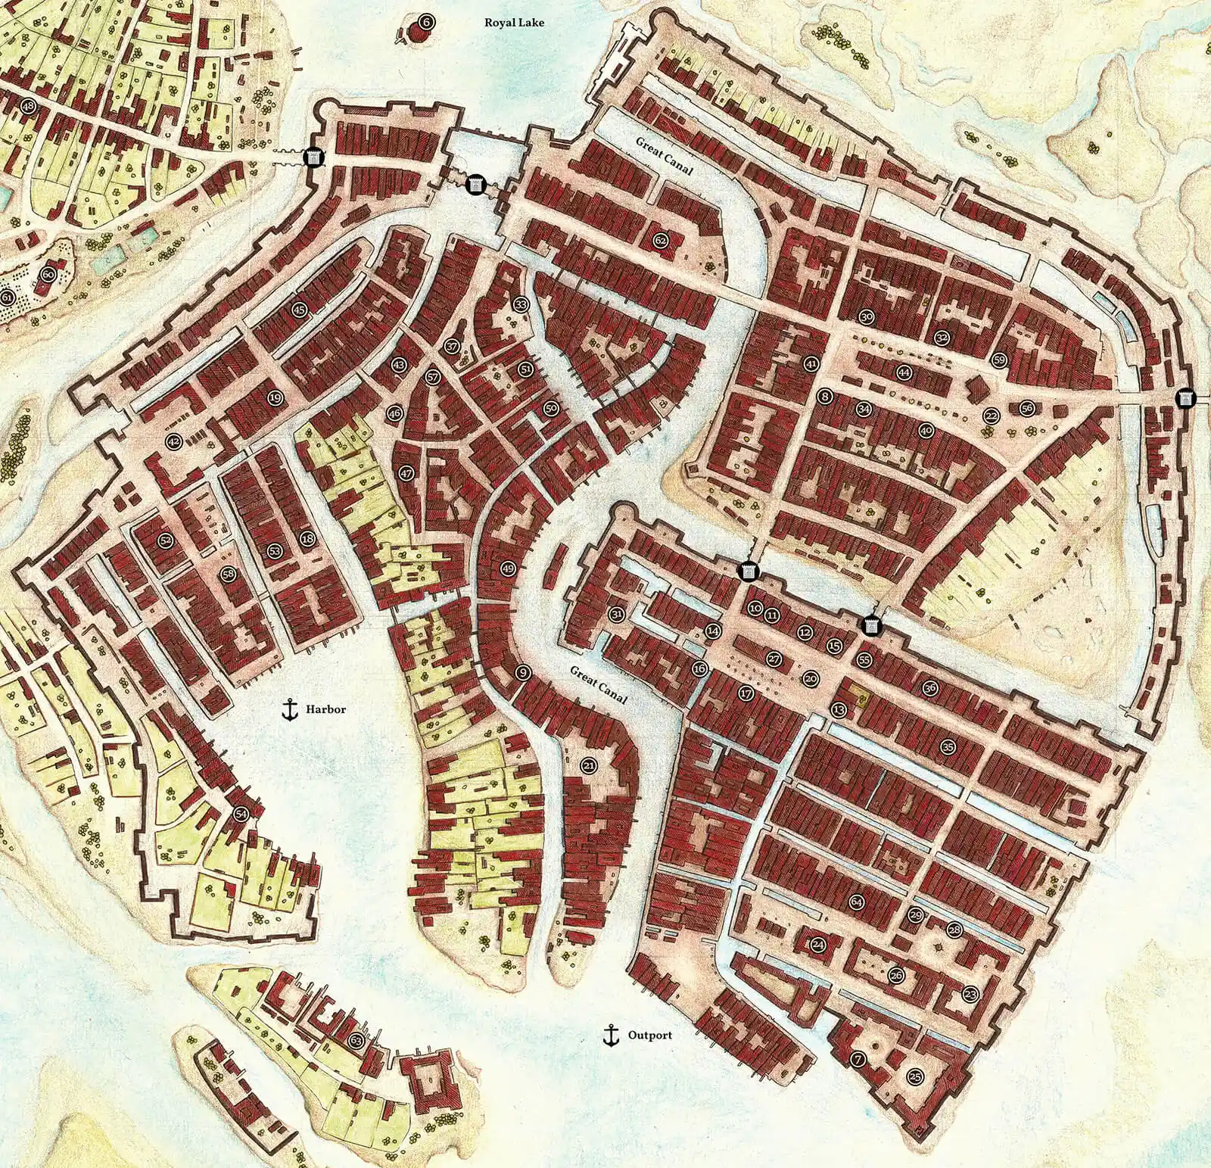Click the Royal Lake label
pyautogui.click(x=514, y=23)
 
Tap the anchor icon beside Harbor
pyautogui.click(x=288, y=709)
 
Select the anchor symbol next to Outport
pyautogui.click(x=609, y=1035)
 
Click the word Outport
pyautogui.click(x=650, y=1036)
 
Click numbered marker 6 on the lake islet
pyautogui.click(x=426, y=22)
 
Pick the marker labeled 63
pyautogui.click(x=356, y=1041)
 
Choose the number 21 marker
pyautogui.click(x=589, y=766)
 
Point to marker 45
pyautogui.click(x=300, y=309)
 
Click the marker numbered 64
pyautogui.click(x=857, y=902)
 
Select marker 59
pyautogui.click(x=999, y=360)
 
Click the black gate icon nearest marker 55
pyautogui.click(x=872, y=625)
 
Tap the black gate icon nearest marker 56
pyautogui.click(x=1185, y=397)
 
